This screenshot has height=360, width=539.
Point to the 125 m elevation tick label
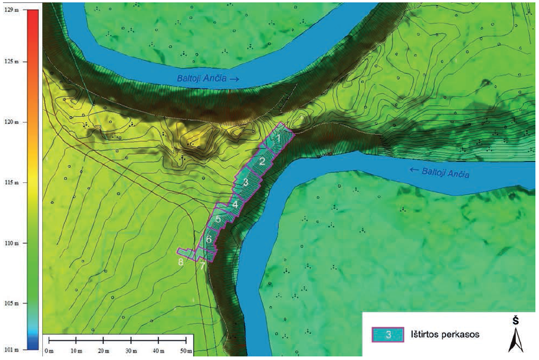[x=11, y=61]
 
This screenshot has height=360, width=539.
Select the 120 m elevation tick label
[x=11, y=122]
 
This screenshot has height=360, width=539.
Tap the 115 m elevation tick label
[x=11, y=182]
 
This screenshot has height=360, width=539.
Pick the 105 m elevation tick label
[x=11, y=303]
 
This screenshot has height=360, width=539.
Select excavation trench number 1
[x=278, y=139]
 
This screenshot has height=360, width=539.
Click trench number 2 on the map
[x=261, y=161]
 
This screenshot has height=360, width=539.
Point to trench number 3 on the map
[x=245, y=182]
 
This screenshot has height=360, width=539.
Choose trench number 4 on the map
[x=235, y=204]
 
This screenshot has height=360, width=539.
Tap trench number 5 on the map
[x=218, y=219]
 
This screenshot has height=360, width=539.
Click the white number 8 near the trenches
[x=180, y=261]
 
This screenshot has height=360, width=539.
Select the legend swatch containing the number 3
[x=387, y=335]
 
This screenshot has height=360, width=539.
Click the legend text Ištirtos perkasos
[x=443, y=335]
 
